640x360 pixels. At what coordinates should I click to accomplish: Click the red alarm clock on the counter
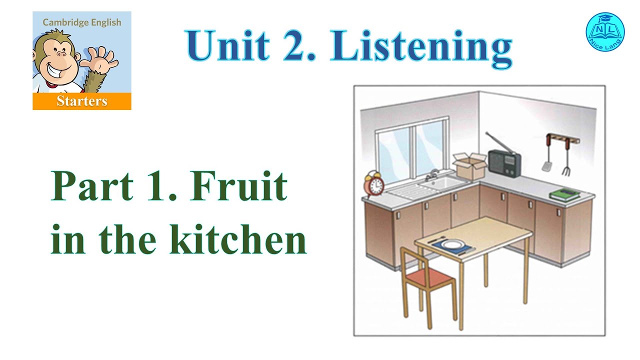(x=373, y=185)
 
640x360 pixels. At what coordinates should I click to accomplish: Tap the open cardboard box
(x=470, y=166)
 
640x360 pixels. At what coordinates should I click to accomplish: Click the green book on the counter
(x=564, y=193)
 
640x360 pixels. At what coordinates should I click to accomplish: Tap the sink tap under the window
(x=431, y=175)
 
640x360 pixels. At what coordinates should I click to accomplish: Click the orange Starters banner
(x=82, y=101)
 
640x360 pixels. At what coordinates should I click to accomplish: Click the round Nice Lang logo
(x=605, y=31)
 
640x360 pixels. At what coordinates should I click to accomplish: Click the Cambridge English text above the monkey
(x=82, y=22)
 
